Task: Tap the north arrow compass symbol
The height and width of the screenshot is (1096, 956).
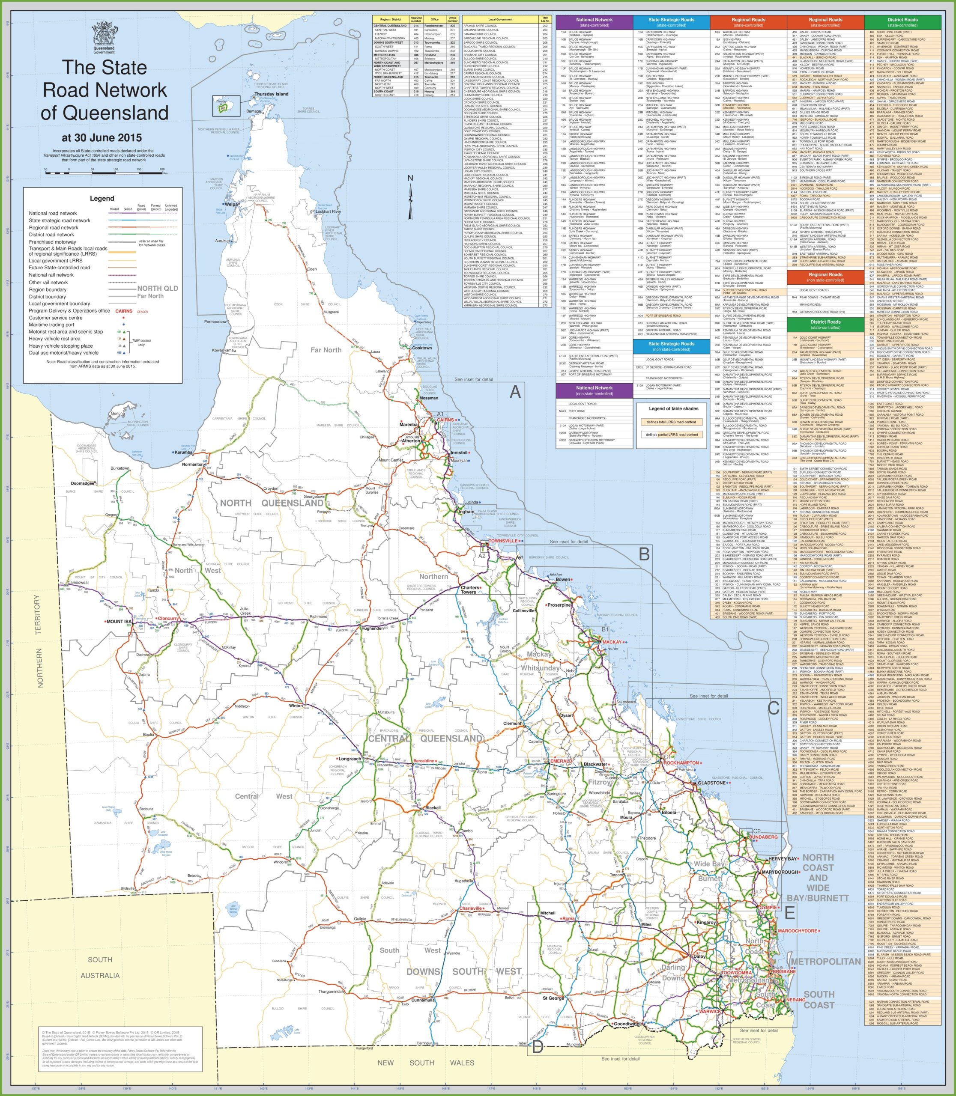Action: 410,197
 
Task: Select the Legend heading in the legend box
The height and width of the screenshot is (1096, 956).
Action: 102,198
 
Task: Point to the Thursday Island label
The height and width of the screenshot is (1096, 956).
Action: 271,94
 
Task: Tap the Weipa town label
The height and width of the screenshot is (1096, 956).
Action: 232,204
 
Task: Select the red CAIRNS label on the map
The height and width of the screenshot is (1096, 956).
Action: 445,420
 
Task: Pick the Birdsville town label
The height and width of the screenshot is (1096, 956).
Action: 128,888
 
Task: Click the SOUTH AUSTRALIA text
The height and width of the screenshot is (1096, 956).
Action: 100,968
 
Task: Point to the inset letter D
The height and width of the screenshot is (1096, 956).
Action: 538,1047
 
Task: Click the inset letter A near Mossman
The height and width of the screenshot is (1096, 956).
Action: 515,392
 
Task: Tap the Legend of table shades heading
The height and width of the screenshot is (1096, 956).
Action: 673,408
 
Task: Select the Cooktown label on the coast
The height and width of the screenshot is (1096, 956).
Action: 422,348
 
